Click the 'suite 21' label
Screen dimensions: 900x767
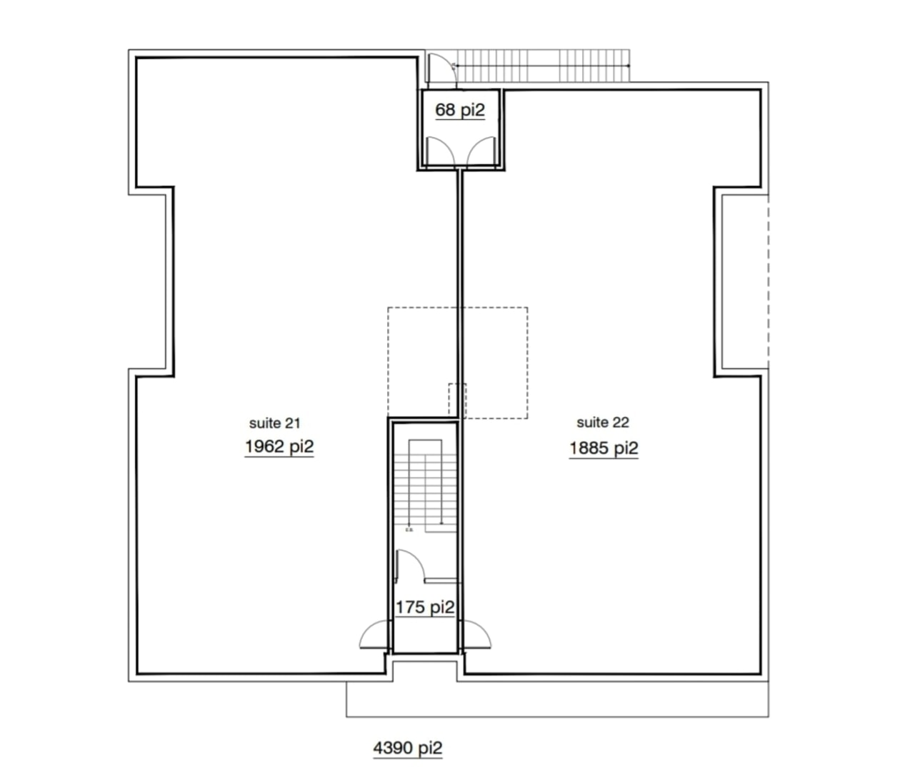(x=275, y=423)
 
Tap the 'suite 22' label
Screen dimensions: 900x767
(x=603, y=422)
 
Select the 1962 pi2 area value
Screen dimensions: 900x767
(x=279, y=446)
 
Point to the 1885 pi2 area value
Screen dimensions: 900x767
(x=604, y=448)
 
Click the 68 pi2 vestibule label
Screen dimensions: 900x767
(x=460, y=110)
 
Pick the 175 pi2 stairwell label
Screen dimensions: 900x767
(x=425, y=607)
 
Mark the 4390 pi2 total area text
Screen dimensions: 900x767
(x=408, y=748)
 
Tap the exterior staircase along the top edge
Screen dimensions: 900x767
(x=543, y=65)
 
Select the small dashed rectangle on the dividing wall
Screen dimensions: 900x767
(x=458, y=401)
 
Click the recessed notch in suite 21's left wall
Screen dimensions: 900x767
(x=170, y=282)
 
